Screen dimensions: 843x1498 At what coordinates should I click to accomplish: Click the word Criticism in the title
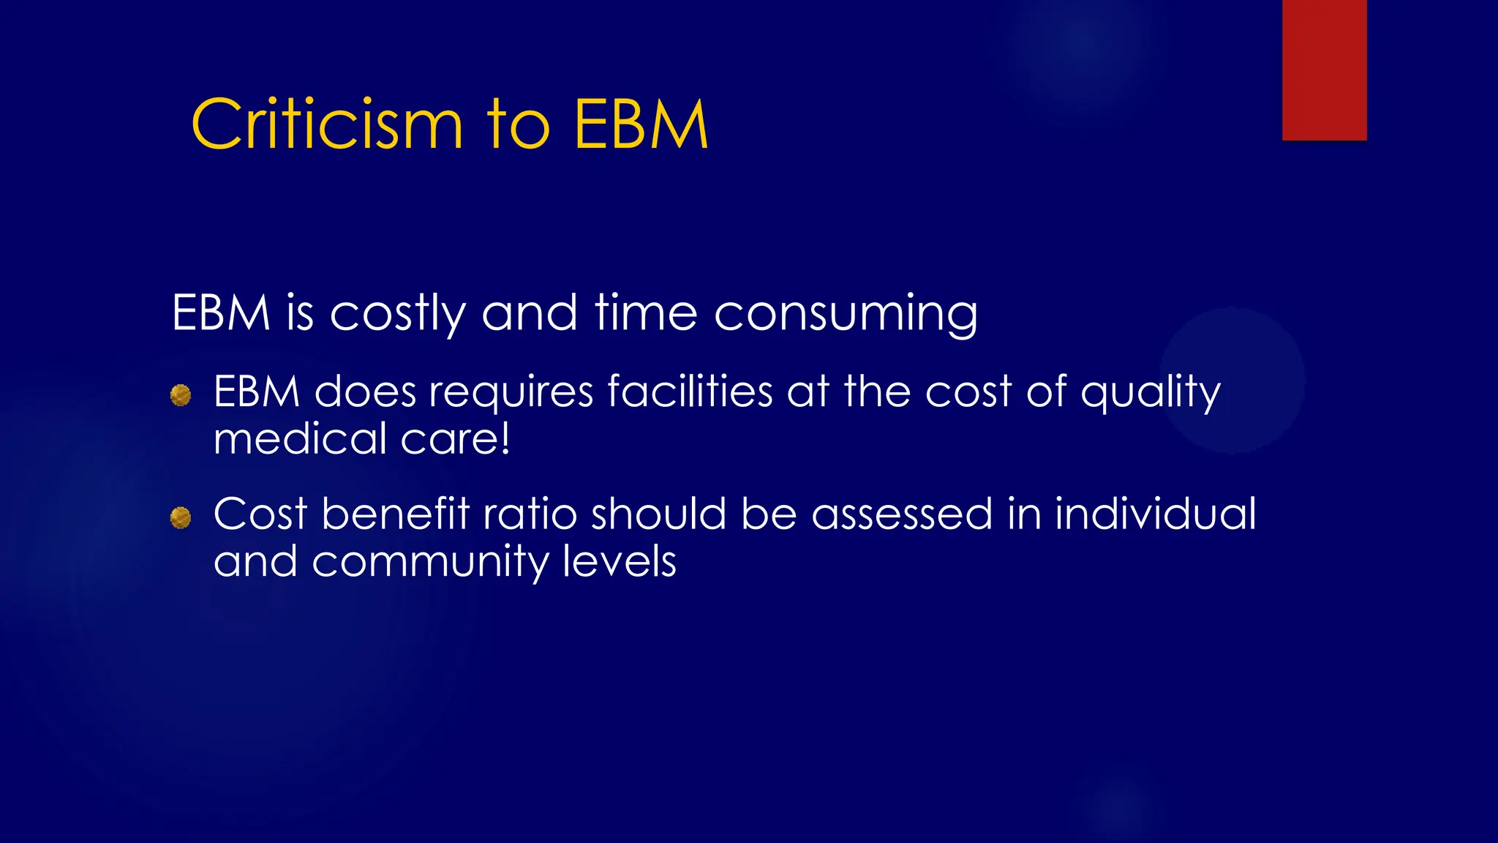tap(327, 125)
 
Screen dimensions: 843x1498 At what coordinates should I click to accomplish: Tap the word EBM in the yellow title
tap(641, 125)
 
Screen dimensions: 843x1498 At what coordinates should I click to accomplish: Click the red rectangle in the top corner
tap(1324, 70)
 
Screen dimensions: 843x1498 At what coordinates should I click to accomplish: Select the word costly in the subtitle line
tap(397, 314)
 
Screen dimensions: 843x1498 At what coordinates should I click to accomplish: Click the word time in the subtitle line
tap(646, 312)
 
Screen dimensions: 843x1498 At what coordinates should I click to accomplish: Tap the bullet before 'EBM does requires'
tap(181, 396)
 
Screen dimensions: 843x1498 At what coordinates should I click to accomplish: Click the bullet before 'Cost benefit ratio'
tap(181, 518)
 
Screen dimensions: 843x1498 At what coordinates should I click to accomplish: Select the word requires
tap(511, 392)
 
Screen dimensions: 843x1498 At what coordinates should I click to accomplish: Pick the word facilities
tap(690, 391)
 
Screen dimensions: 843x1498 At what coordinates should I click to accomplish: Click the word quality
tap(1151, 392)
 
